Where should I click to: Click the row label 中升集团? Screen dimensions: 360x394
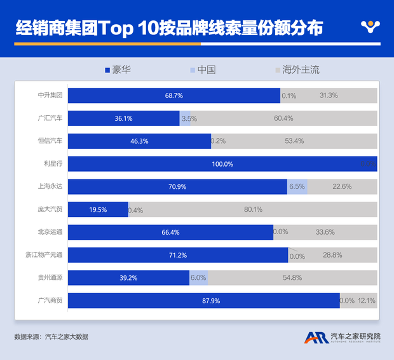click(50, 95)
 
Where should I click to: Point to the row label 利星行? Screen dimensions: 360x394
click(53, 164)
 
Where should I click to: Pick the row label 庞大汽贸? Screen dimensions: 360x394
click(50, 209)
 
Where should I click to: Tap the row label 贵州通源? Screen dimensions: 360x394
click(50, 277)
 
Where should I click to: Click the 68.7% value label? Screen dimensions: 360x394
click(173, 95)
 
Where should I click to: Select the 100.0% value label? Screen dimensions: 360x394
click(222, 164)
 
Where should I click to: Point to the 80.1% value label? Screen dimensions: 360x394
click(253, 209)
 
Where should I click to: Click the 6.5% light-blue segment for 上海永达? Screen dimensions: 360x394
click(297, 186)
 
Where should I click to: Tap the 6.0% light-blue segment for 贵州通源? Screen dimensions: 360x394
click(198, 277)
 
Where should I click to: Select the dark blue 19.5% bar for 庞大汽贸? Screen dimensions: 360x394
click(97, 209)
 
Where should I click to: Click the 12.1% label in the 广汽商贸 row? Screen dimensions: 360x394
click(367, 300)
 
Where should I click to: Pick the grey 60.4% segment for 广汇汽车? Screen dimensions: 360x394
click(283, 118)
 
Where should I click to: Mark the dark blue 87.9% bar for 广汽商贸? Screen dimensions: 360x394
click(203, 300)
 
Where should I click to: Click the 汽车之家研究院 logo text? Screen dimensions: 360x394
click(355, 335)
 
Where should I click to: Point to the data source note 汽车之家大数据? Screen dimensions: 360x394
click(66, 336)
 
